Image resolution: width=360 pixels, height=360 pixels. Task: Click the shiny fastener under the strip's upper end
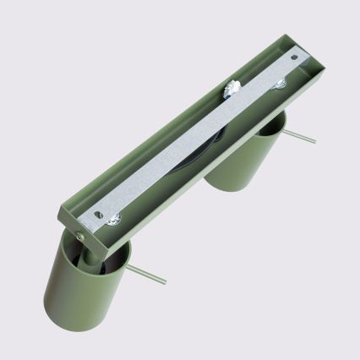[279, 84]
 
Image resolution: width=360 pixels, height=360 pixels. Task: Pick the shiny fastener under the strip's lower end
[115, 221]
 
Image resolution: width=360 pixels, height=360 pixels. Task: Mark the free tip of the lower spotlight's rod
[166, 282]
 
